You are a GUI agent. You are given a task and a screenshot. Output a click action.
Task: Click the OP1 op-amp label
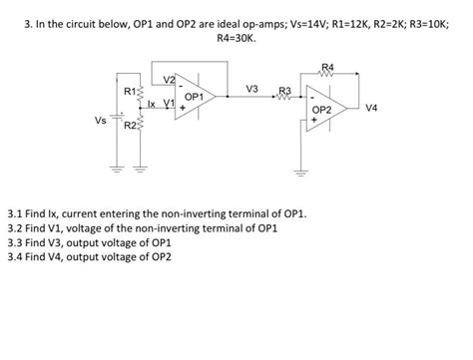pyautogui.click(x=196, y=97)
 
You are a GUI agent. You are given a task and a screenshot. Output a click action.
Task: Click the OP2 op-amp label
pyautogui.click(x=323, y=110)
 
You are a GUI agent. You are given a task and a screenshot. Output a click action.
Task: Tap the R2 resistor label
pyautogui.click(x=130, y=127)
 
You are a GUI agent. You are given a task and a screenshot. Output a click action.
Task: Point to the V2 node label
pyautogui.click(x=168, y=79)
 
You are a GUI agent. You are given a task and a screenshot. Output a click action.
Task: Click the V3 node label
pyautogui.click(x=251, y=90)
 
